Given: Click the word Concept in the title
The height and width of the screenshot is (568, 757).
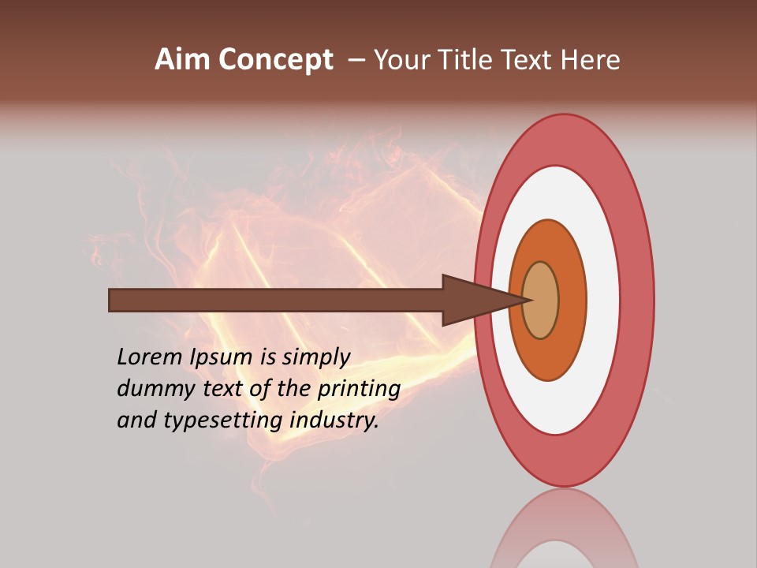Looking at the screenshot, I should click(275, 60).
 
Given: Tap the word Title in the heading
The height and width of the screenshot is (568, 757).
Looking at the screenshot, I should click(467, 60).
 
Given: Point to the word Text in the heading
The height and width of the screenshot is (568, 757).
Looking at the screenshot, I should click(528, 60).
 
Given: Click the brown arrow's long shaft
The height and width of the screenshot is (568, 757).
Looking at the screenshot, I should click(276, 301).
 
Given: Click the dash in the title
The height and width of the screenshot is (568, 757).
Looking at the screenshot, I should click(356, 60).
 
